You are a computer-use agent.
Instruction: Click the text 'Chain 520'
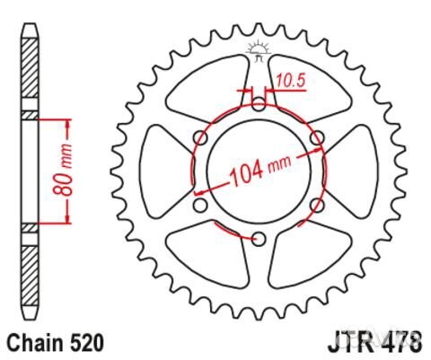tap(55, 342)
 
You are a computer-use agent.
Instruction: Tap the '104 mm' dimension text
tap(260, 170)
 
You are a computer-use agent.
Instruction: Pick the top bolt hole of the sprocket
tap(259, 103)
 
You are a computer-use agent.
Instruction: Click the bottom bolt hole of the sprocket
tap(259, 238)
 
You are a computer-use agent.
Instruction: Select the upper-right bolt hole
tap(317, 136)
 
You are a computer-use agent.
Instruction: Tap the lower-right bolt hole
tap(317, 205)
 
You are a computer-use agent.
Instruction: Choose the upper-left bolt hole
tap(200, 136)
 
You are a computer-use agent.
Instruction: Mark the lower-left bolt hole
tap(200, 205)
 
